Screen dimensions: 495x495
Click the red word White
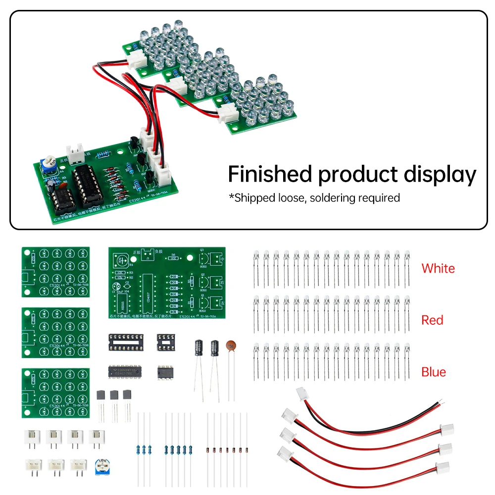coord(438,268)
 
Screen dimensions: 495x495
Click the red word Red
coord(432,320)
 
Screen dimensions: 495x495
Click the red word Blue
coord(434,372)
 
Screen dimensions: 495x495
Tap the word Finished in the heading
coord(270,174)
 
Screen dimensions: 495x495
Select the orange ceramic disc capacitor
coord(231,347)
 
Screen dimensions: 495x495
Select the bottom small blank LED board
coord(55,393)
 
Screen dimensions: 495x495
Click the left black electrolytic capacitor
coord(198,347)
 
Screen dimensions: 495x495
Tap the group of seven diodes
coord(227,450)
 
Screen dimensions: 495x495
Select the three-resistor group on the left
coord(144,449)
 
